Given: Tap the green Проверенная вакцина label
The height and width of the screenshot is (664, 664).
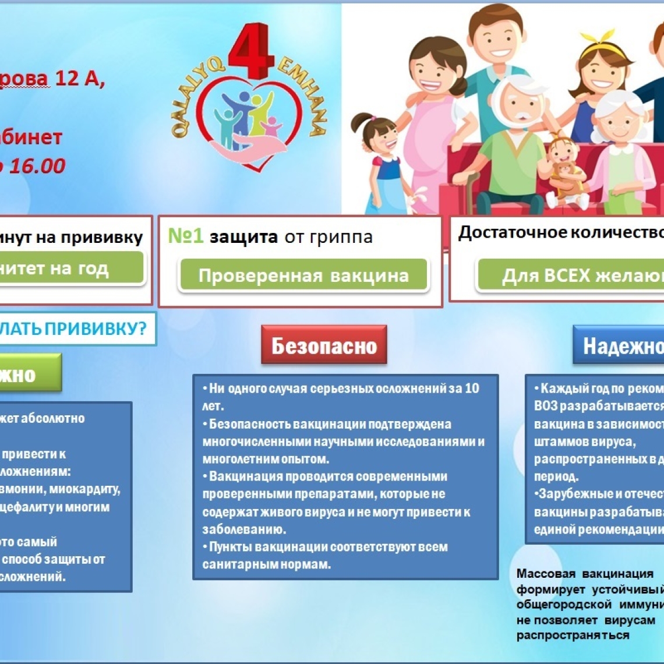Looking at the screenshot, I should coord(303,275).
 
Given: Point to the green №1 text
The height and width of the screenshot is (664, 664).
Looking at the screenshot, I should coord(186,236).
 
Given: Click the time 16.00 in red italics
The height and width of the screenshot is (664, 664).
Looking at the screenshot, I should coord(36,166).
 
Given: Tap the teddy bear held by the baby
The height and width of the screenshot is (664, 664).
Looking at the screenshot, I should coord(564,174).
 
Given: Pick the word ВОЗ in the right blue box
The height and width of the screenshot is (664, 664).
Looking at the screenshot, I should coord(545,406).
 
